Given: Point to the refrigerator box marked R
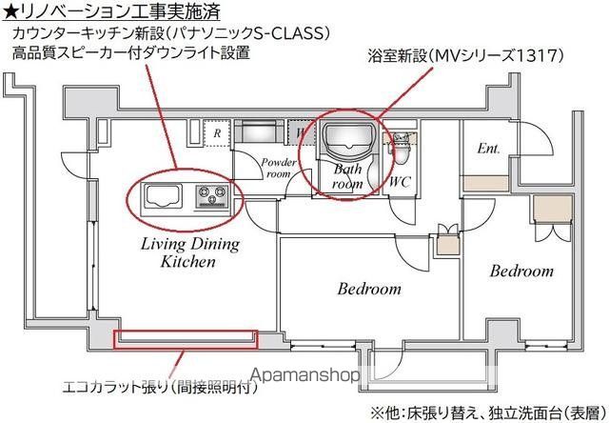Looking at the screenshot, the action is (218, 133).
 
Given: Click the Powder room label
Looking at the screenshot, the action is (277, 167).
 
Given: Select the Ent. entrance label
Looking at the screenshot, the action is (488, 148).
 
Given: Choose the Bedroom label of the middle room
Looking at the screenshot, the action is (370, 289).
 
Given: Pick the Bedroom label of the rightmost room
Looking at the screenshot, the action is (521, 272).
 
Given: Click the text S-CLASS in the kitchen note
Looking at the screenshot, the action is (295, 33).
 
